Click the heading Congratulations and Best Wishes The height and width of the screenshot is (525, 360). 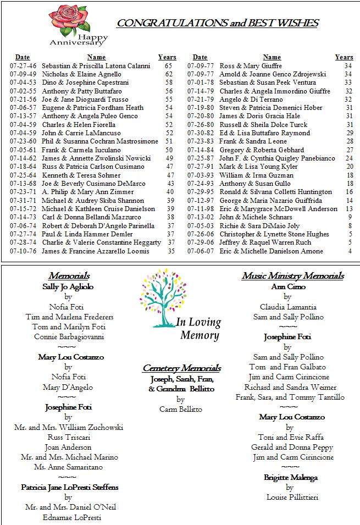point(217,23)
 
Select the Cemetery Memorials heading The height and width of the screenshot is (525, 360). point(181,368)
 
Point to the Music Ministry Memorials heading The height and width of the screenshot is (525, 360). point(292,276)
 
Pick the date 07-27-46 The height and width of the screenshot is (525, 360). point(23,66)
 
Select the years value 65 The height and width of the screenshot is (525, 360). point(168,66)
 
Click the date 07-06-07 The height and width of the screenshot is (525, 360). point(201,251)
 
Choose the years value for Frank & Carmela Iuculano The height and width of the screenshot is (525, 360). point(169,150)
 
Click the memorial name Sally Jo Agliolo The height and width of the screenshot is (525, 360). point(68,286)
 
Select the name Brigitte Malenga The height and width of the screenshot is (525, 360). point(290,478)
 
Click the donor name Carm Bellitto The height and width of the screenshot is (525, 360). point(180,410)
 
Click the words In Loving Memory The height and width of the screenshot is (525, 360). point(198,329)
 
